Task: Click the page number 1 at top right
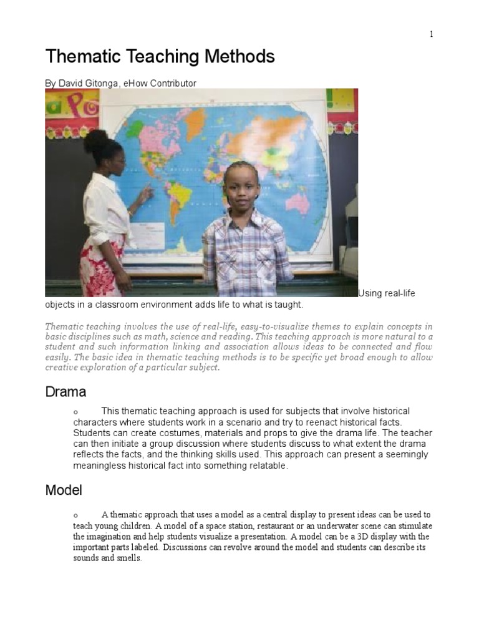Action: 430,34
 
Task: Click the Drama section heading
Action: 65,392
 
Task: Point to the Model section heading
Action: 64,490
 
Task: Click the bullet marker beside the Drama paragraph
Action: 75,412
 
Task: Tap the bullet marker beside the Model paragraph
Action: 75,515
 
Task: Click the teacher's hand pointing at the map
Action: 146,195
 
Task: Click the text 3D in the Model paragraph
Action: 350,536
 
